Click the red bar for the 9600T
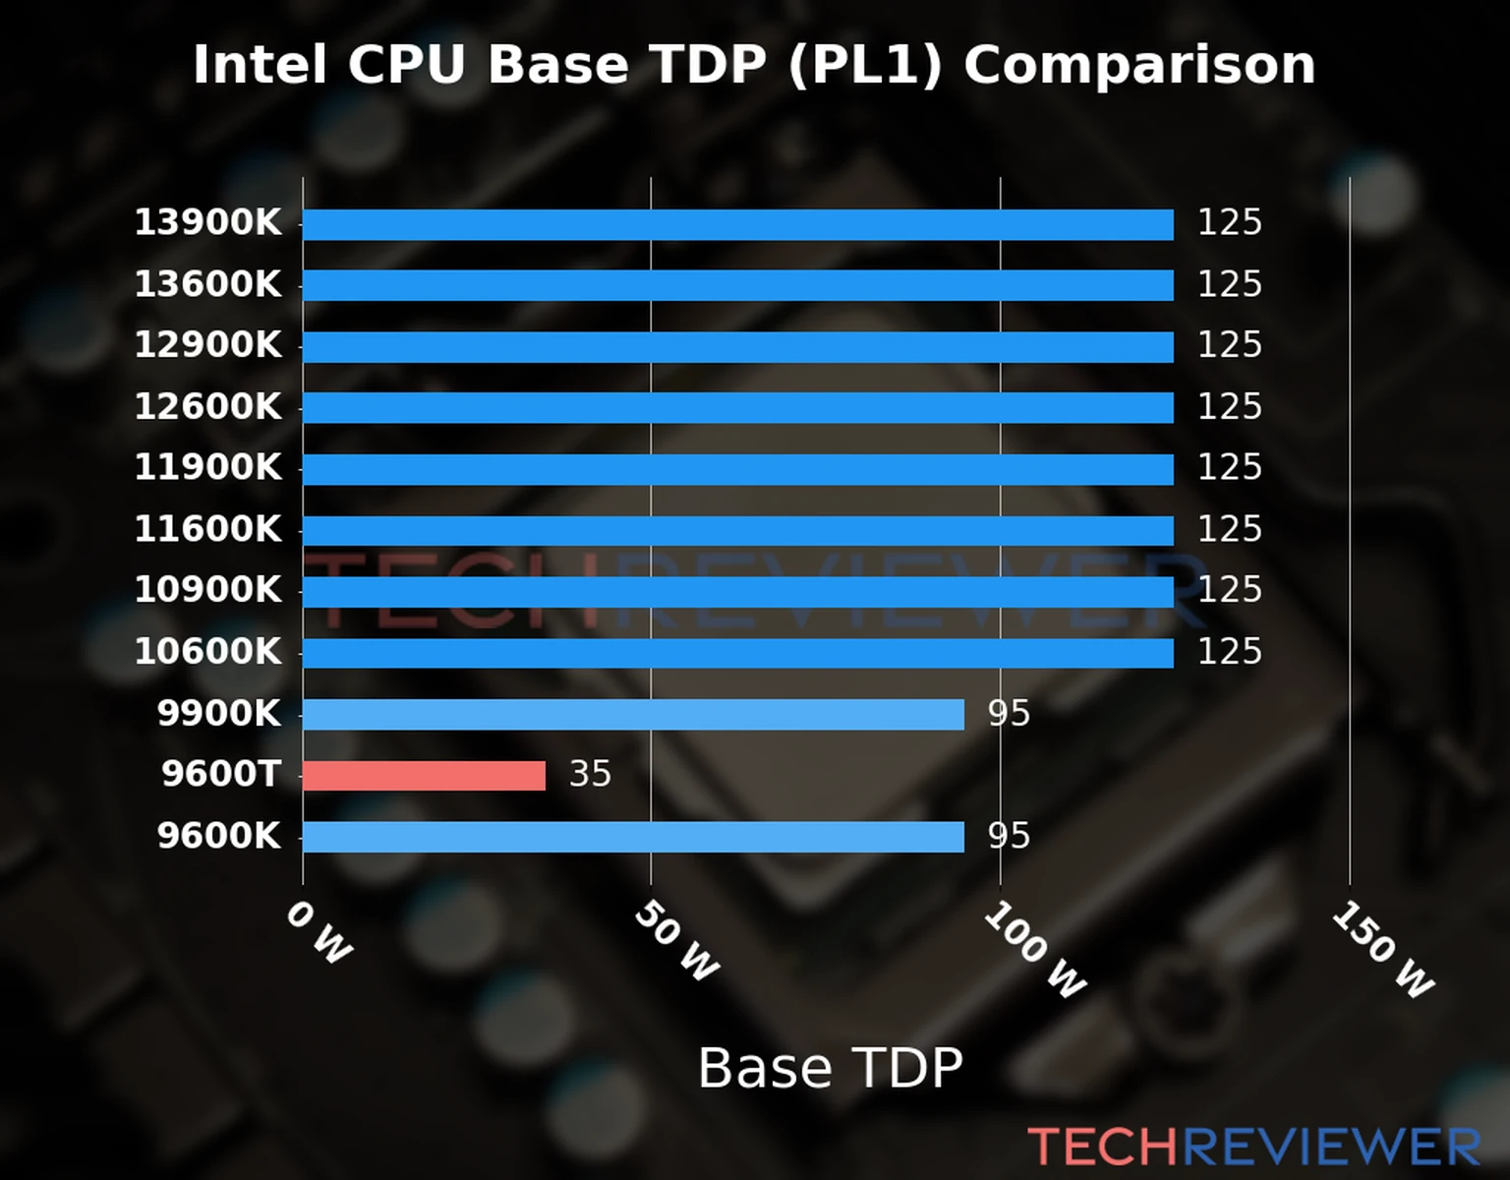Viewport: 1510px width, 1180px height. click(x=424, y=775)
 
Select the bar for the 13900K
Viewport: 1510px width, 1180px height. click(x=737, y=224)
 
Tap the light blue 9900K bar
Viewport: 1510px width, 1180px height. click(x=633, y=714)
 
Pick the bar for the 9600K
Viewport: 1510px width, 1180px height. click(x=633, y=837)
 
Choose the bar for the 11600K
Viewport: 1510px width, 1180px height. click(x=737, y=530)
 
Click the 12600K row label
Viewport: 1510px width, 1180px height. click(x=207, y=407)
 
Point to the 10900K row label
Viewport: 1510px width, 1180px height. click(x=207, y=590)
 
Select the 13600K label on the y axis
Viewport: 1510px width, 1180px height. click(x=207, y=285)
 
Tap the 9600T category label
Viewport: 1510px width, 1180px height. click(x=221, y=775)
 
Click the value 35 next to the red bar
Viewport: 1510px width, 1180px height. click(x=590, y=775)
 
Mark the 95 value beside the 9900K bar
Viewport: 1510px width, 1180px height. click(x=1009, y=714)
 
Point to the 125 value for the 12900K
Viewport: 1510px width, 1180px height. click(x=1229, y=345)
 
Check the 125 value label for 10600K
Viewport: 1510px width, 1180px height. click(x=1229, y=652)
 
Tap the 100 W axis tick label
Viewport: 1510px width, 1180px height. click(x=1035, y=950)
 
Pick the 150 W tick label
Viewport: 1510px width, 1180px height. click(x=1383, y=950)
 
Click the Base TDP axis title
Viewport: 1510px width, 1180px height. click(x=830, y=1068)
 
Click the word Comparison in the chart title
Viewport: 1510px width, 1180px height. click(x=1138, y=66)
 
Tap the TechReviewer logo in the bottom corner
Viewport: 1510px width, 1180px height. click(x=1253, y=1147)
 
